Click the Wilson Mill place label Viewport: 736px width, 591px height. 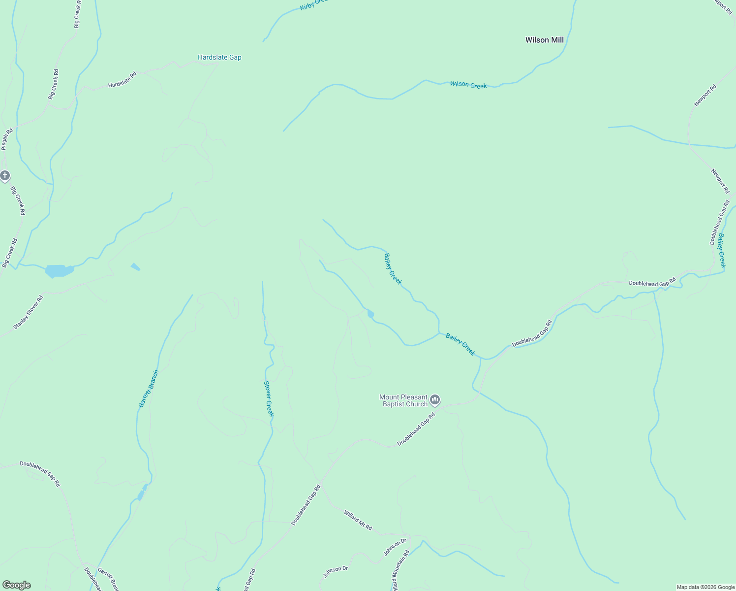544,40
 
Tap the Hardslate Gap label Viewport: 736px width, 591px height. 219,57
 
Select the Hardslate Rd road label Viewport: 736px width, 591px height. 122,80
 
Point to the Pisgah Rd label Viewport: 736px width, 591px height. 6,139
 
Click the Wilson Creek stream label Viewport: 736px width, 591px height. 468,85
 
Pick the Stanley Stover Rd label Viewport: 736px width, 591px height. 28,312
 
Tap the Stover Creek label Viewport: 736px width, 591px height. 268,398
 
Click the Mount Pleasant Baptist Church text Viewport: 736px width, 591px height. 403,400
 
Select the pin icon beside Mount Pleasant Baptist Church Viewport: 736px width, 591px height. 434,399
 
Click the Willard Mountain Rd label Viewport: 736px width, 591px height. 400,571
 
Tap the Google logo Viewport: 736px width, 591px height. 16,585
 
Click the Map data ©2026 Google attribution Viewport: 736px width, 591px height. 705,587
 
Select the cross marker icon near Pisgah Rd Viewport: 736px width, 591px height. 5,175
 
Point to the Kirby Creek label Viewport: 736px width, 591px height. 313,4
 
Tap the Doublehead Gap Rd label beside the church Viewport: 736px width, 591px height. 416,429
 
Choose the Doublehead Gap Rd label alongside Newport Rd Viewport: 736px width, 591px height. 719,223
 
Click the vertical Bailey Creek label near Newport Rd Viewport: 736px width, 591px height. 721,250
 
